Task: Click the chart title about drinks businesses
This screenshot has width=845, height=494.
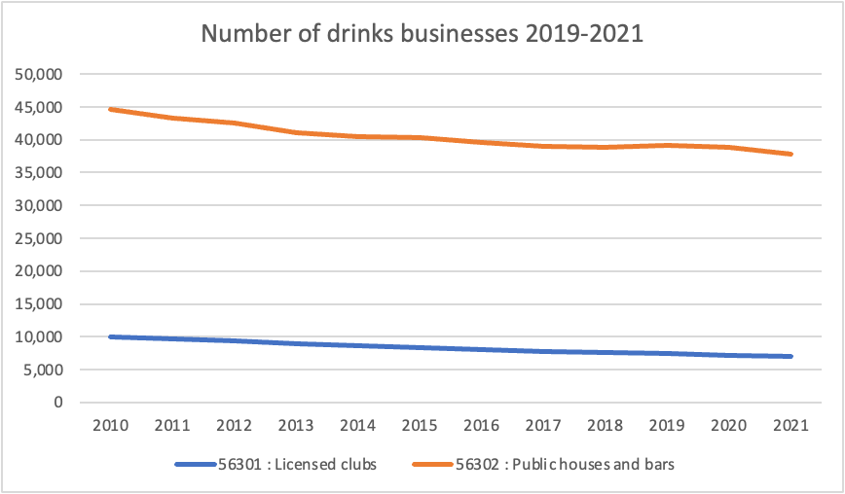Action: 422,34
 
